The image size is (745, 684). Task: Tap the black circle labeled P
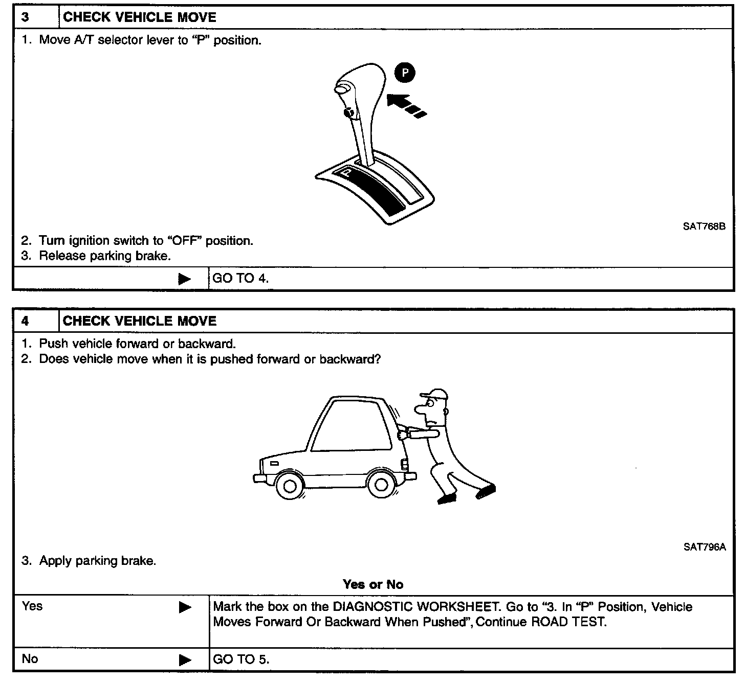click(405, 74)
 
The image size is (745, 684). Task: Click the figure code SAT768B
click(704, 226)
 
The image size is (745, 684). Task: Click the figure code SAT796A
click(704, 547)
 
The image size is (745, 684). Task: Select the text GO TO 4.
click(240, 279)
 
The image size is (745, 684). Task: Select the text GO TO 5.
click(240, 659)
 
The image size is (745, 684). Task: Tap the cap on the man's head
click(434, 395)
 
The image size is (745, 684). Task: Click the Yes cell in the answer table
click(32, 606)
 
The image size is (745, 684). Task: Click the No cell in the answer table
click(30, 658)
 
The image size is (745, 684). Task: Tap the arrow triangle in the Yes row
click(185, 607)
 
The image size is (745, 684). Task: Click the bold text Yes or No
click(373, 584)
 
